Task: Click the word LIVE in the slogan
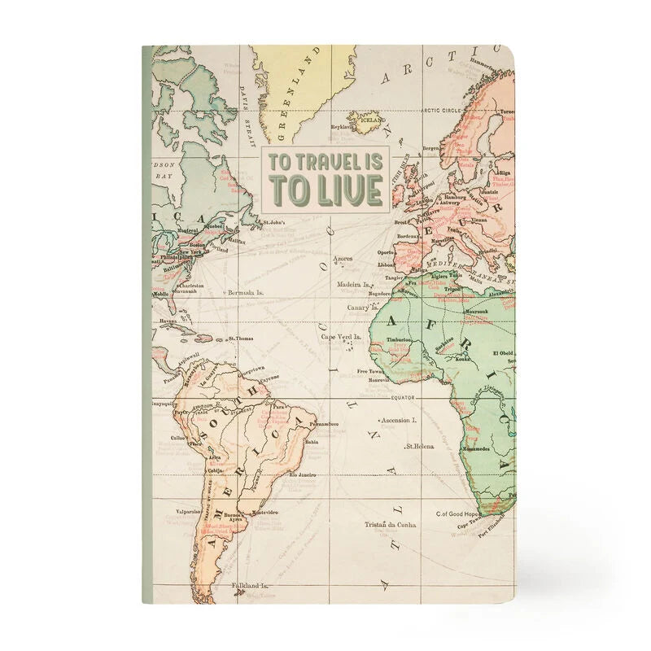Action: [x=351, y=190]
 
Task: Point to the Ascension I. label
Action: [x=399, y=421]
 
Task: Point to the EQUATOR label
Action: [x=404, y=397]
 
